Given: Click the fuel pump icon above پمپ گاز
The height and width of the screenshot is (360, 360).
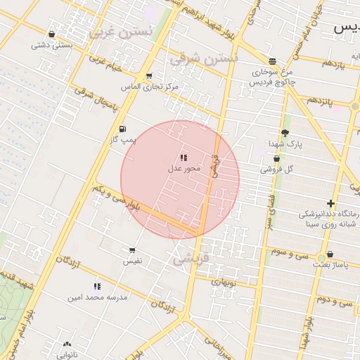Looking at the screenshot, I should tap(124, 129).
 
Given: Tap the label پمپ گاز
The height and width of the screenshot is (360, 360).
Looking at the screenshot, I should tap(122, 140).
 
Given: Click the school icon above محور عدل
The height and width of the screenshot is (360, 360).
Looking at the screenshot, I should tap(184, 158).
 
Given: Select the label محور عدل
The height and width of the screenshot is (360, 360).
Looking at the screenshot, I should tap(185, 169).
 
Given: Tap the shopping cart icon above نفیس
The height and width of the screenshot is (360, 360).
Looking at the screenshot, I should tap(132, 250).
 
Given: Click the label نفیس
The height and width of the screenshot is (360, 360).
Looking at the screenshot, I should tap(132, 261).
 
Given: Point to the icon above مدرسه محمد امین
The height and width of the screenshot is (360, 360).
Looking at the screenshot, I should tap(97, 286).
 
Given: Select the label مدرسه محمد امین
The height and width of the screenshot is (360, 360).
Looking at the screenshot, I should tap(98, 297).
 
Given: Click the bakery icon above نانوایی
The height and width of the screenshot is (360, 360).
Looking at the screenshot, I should tap(67, 345).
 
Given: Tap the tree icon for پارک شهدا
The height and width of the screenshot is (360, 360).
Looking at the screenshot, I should tap(285, 133).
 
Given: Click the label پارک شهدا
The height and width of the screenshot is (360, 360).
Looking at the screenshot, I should tap(285, 143).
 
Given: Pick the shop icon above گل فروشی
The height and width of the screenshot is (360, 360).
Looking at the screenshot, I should tap(276, 159).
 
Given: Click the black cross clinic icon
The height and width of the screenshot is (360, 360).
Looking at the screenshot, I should tap(330, 203).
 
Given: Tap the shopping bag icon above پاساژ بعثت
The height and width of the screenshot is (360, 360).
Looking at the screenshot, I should tap(330, 255).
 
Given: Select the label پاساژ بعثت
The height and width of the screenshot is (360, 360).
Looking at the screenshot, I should tap(330, 265).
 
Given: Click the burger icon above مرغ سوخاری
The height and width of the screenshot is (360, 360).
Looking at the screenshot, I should tap(272, 61).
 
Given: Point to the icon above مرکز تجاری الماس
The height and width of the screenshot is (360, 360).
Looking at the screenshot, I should tap(149, 76).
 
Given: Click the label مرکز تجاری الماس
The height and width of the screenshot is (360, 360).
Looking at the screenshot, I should tap(149, 86).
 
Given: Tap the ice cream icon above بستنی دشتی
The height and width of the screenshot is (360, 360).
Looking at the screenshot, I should tap(51, 34).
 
